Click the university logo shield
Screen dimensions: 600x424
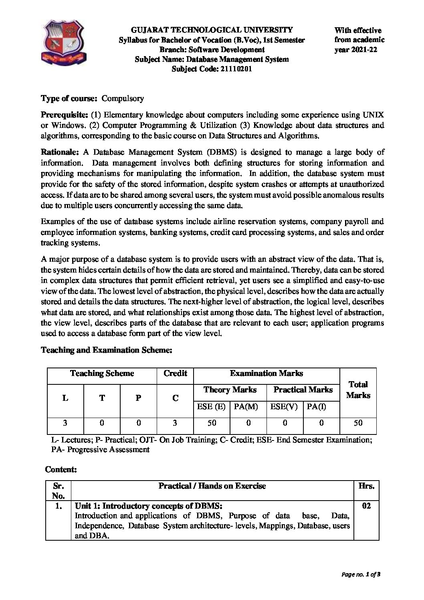(64, 40)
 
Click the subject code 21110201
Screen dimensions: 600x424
(236, 69)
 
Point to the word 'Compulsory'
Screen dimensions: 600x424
(123, 98)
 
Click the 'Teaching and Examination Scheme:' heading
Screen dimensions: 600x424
(107, 350)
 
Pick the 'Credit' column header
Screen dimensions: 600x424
(175, 374)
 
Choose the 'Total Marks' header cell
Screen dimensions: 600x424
(358, 390)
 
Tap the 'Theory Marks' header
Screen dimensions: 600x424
(230, 390)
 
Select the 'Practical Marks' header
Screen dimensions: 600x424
(303, 390)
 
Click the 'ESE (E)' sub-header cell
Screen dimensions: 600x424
(211, 406)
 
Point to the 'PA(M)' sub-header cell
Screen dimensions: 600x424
(246, 406)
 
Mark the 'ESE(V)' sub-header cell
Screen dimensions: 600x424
(284, 406)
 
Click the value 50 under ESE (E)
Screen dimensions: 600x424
(212, 423)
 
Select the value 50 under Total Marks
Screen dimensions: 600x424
(358, 423)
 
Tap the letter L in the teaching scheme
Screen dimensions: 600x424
(65, 398)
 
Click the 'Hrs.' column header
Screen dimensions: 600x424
(366, 486)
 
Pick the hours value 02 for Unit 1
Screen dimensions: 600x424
(366, 506)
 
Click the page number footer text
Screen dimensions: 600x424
(361, 575)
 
